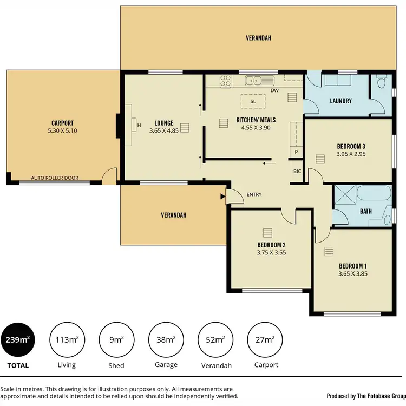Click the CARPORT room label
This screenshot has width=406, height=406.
pyautogui.click(x=62, y=123)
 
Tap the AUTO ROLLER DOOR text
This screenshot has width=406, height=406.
pyautogui.click(x=54, y=178)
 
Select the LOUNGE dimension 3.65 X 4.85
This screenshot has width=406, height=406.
pyautogui.click(x=163, y=130)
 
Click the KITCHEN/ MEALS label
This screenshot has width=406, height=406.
pyautogui.click(x=253, y=120)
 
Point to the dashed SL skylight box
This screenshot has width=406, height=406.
pyautogui.click(x=253, y=101)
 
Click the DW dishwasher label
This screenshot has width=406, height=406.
pyautogui.click(x=274, y=90)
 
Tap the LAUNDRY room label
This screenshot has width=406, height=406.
pyautogui.click(x=340, y=101)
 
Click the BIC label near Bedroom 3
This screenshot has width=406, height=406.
pyautogui.click(x=297, y=171)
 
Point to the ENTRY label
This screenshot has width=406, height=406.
pyautogui.click(x=254, y=194)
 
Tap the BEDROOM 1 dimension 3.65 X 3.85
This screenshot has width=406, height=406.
pyautogui.click(x=352, y=273)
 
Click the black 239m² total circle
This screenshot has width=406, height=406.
pyautogui.click(x=18, y=340)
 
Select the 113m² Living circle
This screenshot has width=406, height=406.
pyautogui.click(x=67, y=340)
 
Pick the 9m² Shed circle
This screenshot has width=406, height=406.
pyautogui.click(x=116, y=340)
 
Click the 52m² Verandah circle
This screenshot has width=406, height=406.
pyautogui.click(x=215, y=340)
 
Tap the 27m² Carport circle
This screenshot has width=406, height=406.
pyautogui.click(x=265, y=340)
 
